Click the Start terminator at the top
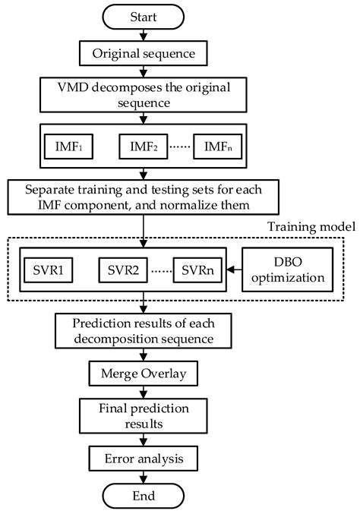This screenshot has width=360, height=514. pos(144,15)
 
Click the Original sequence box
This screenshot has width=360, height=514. pos(144,54)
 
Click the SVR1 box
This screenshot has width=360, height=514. pos(50,270)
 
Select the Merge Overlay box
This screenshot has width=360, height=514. pos(144,375)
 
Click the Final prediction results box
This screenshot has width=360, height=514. pos(144,417)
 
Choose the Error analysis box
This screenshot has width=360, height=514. pos(144,459)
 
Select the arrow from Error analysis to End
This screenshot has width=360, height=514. pos(144,477)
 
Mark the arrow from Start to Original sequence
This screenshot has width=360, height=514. pos(144,34)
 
